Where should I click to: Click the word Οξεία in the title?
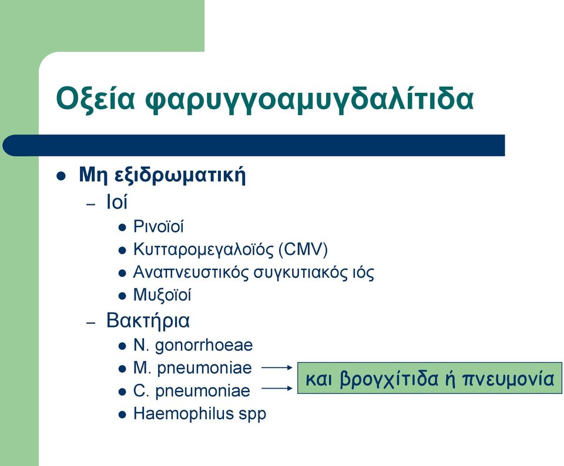point(95,98)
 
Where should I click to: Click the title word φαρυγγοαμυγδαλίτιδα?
point(310,98)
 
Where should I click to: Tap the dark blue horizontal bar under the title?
point(254,145)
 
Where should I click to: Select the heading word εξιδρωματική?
point(180,175)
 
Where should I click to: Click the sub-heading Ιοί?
point(116,201)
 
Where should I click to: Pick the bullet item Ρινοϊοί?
point(158,227)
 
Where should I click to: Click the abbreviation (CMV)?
point(303,249)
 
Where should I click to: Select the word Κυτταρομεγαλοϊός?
point(204,249)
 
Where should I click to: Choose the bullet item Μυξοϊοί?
point(162,295)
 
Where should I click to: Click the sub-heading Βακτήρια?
point(148,320)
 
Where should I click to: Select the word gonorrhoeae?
point(204,346)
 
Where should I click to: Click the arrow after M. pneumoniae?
point(277,367)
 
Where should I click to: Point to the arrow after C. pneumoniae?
point(277,389)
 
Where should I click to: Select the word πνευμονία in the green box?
point(508,379)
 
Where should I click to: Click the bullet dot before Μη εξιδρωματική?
point(61,176)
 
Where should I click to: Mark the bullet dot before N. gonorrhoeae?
point(122,346)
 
